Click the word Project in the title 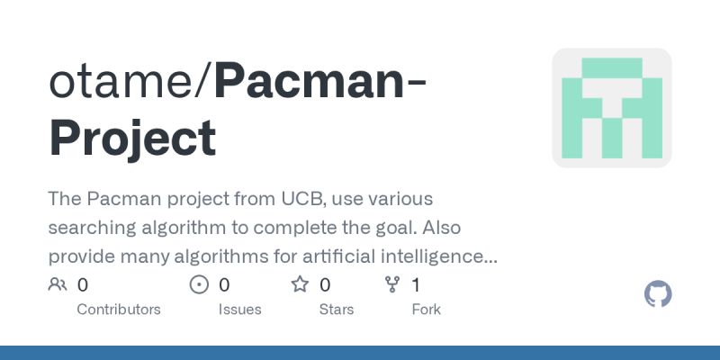(x=132, y=138)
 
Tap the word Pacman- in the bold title (x=320, y=83)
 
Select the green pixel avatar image (x=612, y=107)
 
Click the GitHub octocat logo (x=659, y=294)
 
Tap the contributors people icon (x=58, y=285)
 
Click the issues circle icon (x=199, y=285)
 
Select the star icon (x=300, y=285)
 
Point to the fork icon (x=392, y=285)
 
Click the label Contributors (x=119, y=310)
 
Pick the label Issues (x=239, y=310)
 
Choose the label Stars (x=337, y=310)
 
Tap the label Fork (x=426, y=310)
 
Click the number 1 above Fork (x=416, y=285)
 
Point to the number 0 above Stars (x=325, y=285)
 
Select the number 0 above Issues (x=224, y=285)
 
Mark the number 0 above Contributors (x=83, y=285)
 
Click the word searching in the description (x=89, y=227)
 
